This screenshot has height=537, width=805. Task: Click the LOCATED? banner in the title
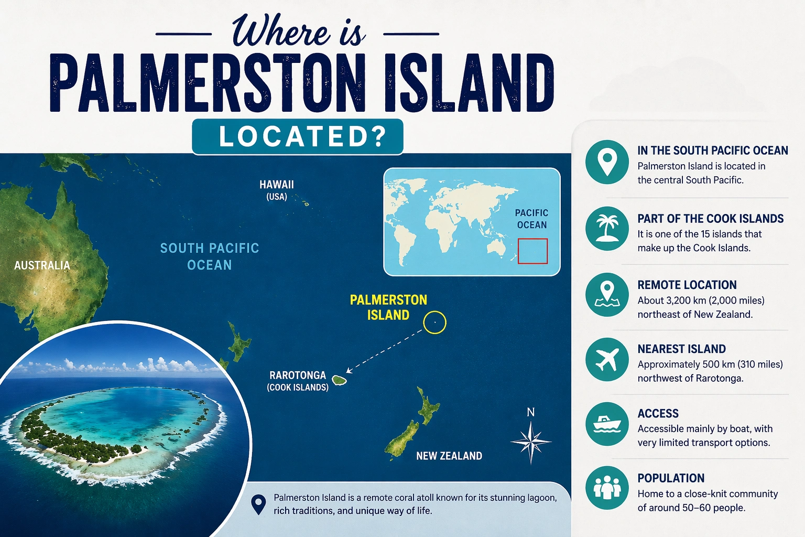point(298,136)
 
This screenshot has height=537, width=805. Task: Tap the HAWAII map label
point(277,185)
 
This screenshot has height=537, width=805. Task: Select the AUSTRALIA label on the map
point(42,265)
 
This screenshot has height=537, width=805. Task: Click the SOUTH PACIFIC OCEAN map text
point(210,256)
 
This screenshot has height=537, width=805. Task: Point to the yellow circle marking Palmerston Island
point(434,323)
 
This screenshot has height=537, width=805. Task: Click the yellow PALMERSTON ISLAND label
point(388,307)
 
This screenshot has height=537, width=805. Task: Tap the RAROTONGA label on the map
point(298,375)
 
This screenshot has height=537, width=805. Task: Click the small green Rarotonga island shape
point(339,380)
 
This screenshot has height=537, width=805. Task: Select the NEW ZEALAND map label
point(449,456)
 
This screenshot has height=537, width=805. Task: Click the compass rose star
point(531,442)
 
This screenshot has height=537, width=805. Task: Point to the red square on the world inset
point(532,251)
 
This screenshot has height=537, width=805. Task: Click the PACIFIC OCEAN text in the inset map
point(531,219)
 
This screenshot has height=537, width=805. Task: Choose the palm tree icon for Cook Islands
point(607,228)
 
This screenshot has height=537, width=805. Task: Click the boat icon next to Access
point(607,424)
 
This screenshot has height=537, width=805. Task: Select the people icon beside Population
point(607,488)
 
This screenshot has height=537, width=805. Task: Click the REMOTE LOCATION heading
point(687,285)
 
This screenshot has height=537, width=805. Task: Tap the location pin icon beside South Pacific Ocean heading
point(607,162)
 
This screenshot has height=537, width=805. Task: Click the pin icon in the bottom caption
point(258,504)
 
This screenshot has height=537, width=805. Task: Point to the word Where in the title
point(280,31)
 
